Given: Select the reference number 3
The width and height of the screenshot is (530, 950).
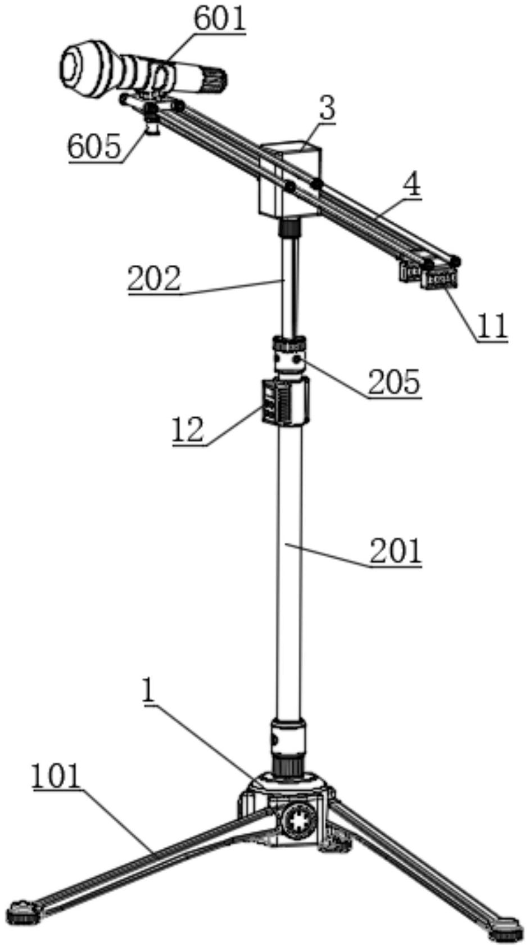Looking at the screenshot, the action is (327, 109).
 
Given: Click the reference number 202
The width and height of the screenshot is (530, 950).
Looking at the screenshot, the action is (155, 278).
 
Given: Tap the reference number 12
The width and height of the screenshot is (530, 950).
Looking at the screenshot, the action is (188, 430).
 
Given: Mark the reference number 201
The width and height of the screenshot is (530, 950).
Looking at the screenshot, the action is (396, 551).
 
